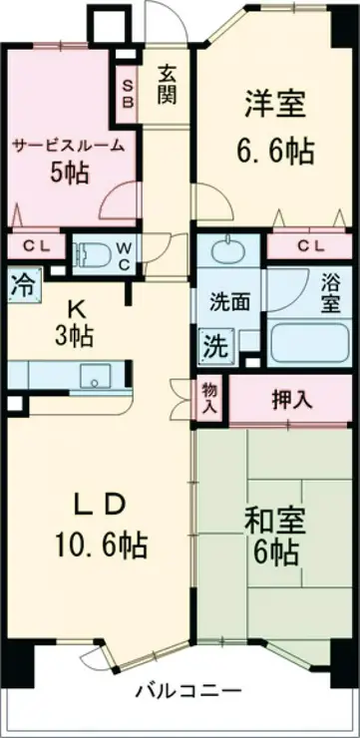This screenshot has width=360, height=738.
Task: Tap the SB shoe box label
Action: point(130,92)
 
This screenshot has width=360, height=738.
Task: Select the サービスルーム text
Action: point(69,146)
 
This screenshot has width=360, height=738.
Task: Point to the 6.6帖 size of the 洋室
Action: point(276,150)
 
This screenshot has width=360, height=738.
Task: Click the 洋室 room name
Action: point(274,103)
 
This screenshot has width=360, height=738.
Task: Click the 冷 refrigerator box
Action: point(20,283)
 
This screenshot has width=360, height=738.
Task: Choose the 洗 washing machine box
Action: point(213,346)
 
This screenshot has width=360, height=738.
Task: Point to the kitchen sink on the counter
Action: point(97,377)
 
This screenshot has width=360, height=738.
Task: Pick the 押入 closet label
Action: point(292,399)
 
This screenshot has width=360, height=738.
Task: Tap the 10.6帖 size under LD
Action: point(101,546)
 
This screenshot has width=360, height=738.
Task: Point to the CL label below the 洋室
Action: point(310,245)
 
